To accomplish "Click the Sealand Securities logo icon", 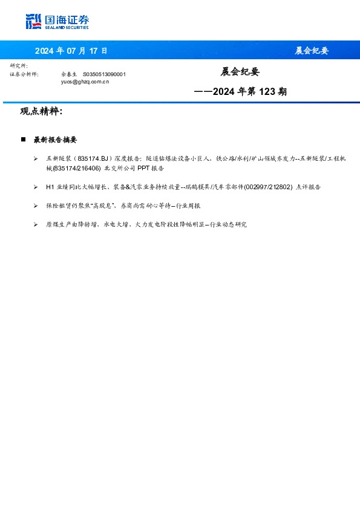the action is coord(33,22).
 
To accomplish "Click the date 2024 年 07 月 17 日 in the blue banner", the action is coord(71,51).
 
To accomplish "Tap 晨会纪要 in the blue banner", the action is coord(312,51).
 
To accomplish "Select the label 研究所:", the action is coord(19,65).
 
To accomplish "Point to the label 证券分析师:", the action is coord(24,74).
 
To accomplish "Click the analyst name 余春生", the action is coord(70,74).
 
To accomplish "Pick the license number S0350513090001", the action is coord(104,74).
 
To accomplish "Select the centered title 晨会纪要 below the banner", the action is coord(240,72).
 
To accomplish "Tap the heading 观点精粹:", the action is coord(41,112).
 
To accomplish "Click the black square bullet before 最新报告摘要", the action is coord(24,140).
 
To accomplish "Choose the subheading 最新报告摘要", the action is coord(55,140).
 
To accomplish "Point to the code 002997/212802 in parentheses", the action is coord(270,187).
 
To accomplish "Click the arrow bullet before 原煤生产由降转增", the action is coord(36,225).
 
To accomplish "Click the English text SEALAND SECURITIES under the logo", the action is coord(67,27).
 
